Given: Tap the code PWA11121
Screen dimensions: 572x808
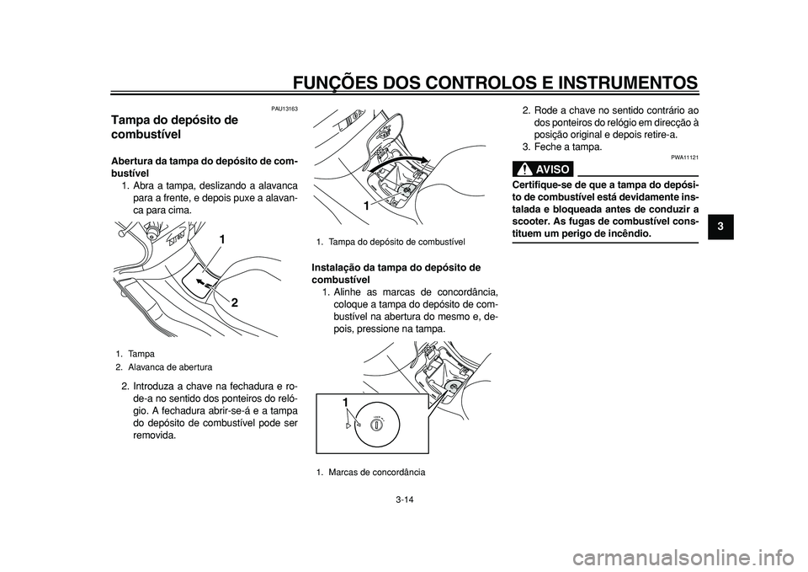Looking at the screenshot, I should pyautogui.click(x=684, y=158).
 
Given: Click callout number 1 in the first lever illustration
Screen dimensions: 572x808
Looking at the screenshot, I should pyautogui.click(x=222, y=240).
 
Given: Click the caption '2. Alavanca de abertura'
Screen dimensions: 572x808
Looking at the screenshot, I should pyautogui.click(x=164, y=367).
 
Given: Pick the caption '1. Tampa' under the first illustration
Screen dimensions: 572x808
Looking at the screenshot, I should pyautogui.click(x=134, y=355).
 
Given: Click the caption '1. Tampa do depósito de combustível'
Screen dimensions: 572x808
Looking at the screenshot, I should pyautogui.click(x=385, y=242).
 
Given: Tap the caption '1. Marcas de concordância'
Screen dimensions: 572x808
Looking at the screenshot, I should pyautogui.click(x=365, y=473).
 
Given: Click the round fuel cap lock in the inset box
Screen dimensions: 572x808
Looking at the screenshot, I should pyautogui.click(x=378, y=425).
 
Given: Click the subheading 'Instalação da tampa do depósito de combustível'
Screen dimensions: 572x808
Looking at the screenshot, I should pyautogui.click(x=396, y=275).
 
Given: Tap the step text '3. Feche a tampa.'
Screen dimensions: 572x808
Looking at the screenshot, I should pyautogui.click(x=562, y=147).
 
